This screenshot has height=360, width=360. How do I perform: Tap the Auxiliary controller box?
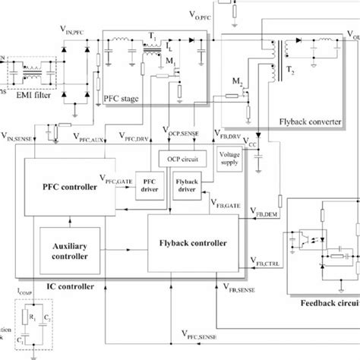(68, 251)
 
